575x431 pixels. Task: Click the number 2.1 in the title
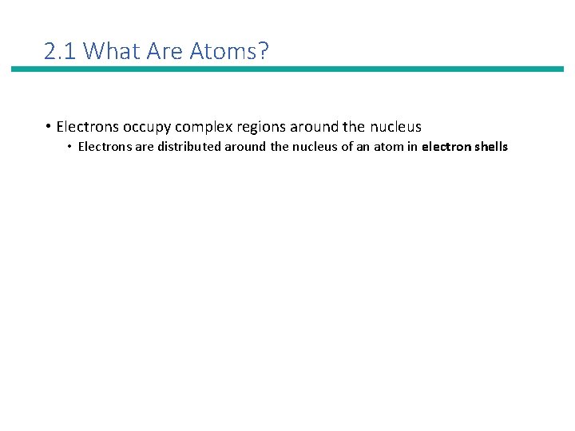pos(61,52)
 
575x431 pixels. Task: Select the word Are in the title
pos(169,52)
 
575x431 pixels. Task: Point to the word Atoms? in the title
pos(230,52)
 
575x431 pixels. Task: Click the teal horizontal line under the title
pos(287,69)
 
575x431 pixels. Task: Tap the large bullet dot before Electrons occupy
pos(49,126)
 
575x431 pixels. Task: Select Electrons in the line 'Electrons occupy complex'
pos(89,126)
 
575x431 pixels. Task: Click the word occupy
pos(149,127)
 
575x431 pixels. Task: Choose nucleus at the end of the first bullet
pos(395,126)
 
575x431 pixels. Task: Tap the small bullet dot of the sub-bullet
pos(70,147)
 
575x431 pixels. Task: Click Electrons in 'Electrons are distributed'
pos(103,147)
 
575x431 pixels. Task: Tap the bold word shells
pos(490,147)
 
